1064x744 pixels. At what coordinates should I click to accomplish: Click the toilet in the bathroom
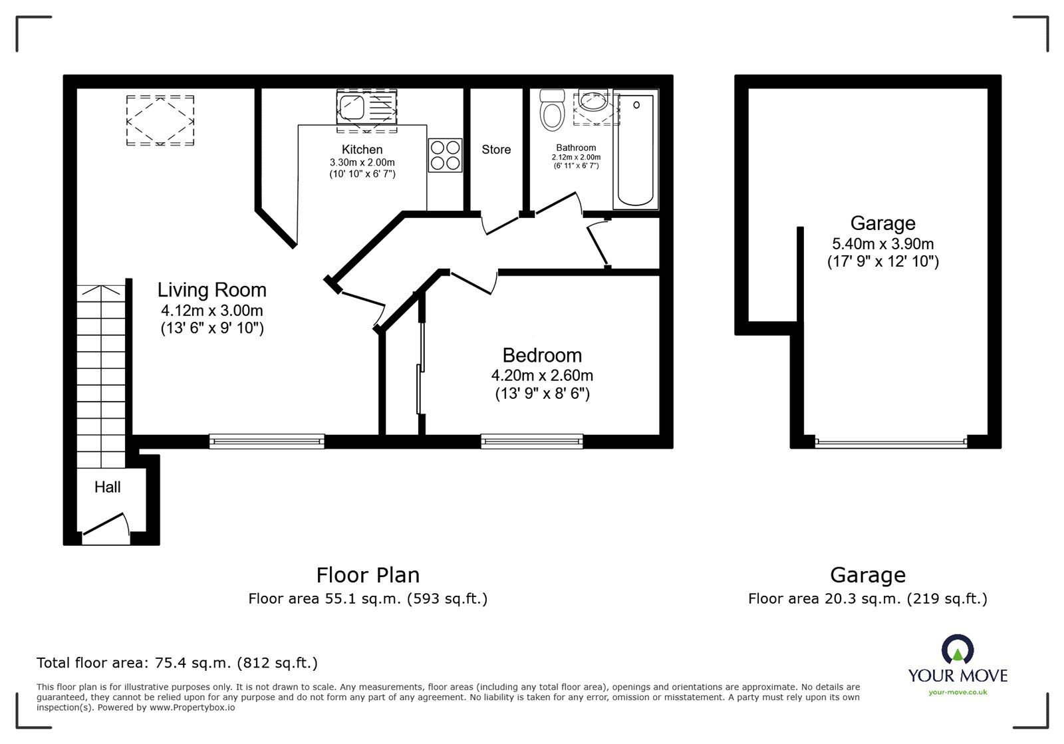click(552, 110)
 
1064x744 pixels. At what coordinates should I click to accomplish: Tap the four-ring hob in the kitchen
click(445, 156)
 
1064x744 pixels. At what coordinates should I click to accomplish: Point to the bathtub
click(636, 149)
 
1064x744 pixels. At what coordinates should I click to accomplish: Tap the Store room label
click(496, 150)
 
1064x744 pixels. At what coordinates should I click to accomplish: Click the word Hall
click(107, 487)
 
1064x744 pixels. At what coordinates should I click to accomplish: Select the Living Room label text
click(212, 290)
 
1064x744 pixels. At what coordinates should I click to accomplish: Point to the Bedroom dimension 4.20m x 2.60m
click(542, 376)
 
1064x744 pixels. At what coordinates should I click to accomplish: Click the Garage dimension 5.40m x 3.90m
click(883, 243)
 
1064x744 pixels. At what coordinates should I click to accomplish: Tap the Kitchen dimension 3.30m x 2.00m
click(362, 162)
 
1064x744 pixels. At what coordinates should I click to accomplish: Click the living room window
click(267, 441)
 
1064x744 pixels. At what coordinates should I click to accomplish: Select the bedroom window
click(532, 441)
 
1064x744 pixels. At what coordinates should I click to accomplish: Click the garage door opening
click(891, 443)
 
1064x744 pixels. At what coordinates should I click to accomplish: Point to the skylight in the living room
click(160, 120)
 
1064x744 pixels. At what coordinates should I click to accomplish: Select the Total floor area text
click(177, 663)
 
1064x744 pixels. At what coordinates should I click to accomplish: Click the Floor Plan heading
click(368, 575)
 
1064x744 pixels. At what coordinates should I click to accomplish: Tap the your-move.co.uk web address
click(958, 692)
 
